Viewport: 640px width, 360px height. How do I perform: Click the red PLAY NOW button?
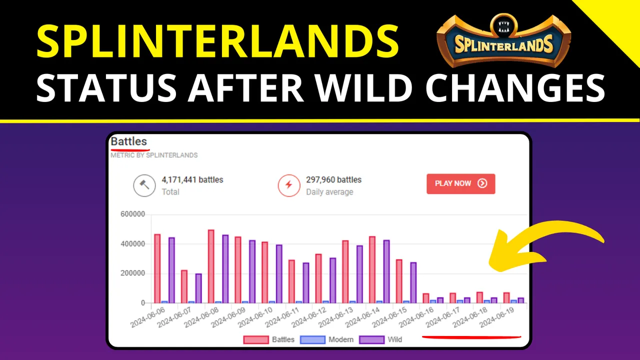460,183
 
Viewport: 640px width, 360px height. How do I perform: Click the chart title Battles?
129,141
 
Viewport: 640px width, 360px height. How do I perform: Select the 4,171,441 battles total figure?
192,179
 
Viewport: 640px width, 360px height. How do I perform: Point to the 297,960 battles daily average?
333,179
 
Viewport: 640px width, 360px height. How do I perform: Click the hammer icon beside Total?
144,185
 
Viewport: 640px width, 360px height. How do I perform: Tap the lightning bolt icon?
289,185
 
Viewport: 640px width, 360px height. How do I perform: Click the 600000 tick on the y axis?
133,214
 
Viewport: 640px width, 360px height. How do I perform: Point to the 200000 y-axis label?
133,273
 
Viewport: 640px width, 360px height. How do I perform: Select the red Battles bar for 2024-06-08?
211,266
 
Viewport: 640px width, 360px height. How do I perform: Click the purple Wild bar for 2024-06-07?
198,288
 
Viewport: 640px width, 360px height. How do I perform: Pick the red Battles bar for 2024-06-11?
291,281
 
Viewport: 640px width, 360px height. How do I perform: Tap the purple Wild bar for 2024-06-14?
386,271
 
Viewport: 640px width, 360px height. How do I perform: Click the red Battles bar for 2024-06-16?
425,298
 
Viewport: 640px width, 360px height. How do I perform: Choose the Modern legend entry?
327,339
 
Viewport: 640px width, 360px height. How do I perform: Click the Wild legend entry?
380,339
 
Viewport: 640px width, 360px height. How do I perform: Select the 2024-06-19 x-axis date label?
497,317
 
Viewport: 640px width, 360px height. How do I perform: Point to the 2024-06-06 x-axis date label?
147,317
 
